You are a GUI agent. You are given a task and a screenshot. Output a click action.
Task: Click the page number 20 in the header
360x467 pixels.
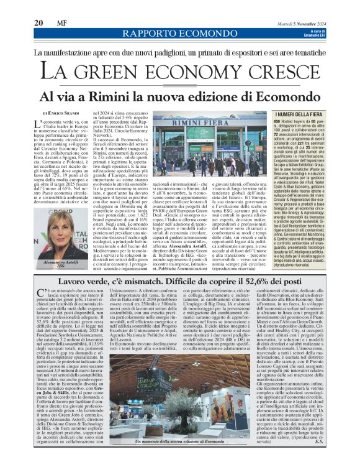[38, 23]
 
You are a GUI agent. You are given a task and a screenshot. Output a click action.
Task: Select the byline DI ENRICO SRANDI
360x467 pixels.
[63, 113]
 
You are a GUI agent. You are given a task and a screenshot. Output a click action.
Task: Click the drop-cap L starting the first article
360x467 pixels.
[38, 126]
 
